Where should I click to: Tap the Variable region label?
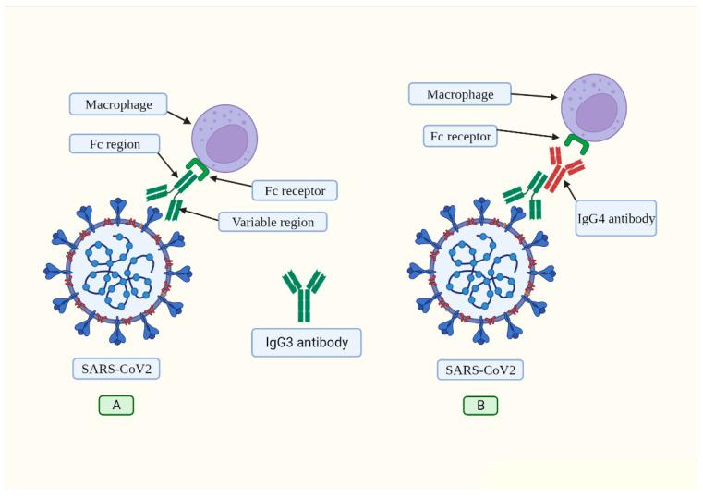pos(272,222)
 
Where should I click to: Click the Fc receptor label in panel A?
pos(295,190)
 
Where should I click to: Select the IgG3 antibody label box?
pos(306,343)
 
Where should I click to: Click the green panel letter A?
pos(116,405)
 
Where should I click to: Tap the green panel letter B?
pos(479,405)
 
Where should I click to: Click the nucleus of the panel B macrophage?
pos(599,112)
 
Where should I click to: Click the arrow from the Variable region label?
pos(199,214)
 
